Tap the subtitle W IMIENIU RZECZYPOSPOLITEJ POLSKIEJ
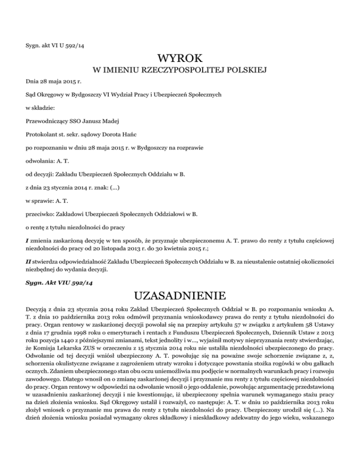pyautogui.click(x=180, y=71)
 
